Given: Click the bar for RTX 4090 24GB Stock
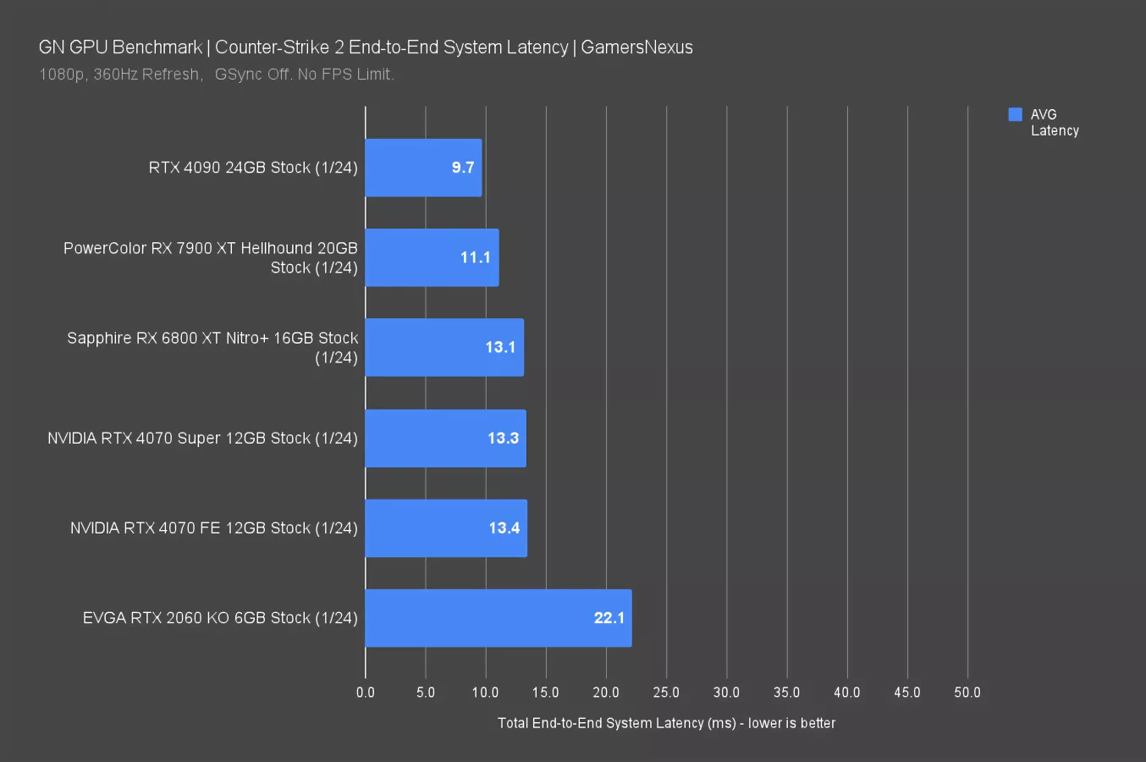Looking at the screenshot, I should pyautogui.click(x=423, y=168).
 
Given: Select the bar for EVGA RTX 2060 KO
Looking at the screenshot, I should pyautogui.click(x=498, y=618).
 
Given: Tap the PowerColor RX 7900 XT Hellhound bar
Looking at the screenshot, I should pyautogui.click(x=432, y=257).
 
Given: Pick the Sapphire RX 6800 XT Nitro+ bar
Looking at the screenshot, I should pyautogui.click(x=444, y=347).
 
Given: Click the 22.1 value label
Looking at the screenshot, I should pyautogui.click(x=609, y=618).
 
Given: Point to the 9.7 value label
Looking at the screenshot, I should pyautogui.click(x=462, y=168).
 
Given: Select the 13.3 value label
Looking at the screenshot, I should pyautogui.click(x=503, y=438).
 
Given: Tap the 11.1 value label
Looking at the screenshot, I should pyautogui.click(x=475, y=257).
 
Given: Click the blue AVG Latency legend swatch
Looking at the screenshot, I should pyautogui.click(x=1015, y=114).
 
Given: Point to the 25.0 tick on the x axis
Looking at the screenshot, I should pyautogui.click(x=666, y=693).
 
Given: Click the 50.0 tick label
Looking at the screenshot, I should pyautogui.click(x=967, y=693).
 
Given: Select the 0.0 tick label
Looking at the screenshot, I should pyautogui.click(x=366, y=693).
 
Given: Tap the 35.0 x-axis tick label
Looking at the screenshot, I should pyautogui.click(x=786, y=693).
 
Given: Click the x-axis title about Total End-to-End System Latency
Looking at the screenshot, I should pyautogui.click(x=666, y=723).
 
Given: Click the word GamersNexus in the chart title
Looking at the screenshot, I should pyautogui.click(x=636, y=47).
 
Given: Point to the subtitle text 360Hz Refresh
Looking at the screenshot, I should pyautogui.click(x=146, y=75).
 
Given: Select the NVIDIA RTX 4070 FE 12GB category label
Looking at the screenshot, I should pyautogui.click(x=213, y=528).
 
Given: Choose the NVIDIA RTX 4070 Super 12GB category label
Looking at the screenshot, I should pyautogui.click(x=202, y=439).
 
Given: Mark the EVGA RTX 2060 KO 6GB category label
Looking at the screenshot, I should pyautogui.click(x=220, y=618).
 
